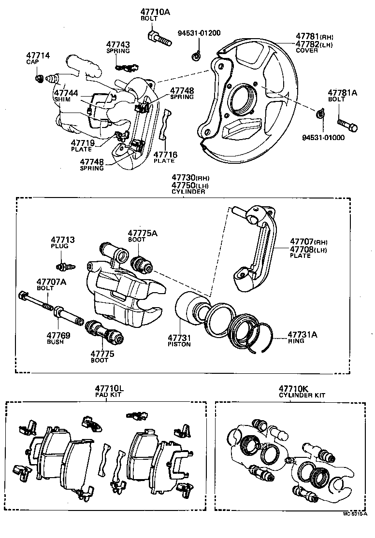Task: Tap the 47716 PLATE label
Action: pyautogui.click(x=165, y=157)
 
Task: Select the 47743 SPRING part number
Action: pyautogui.click(x=118, y=45)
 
